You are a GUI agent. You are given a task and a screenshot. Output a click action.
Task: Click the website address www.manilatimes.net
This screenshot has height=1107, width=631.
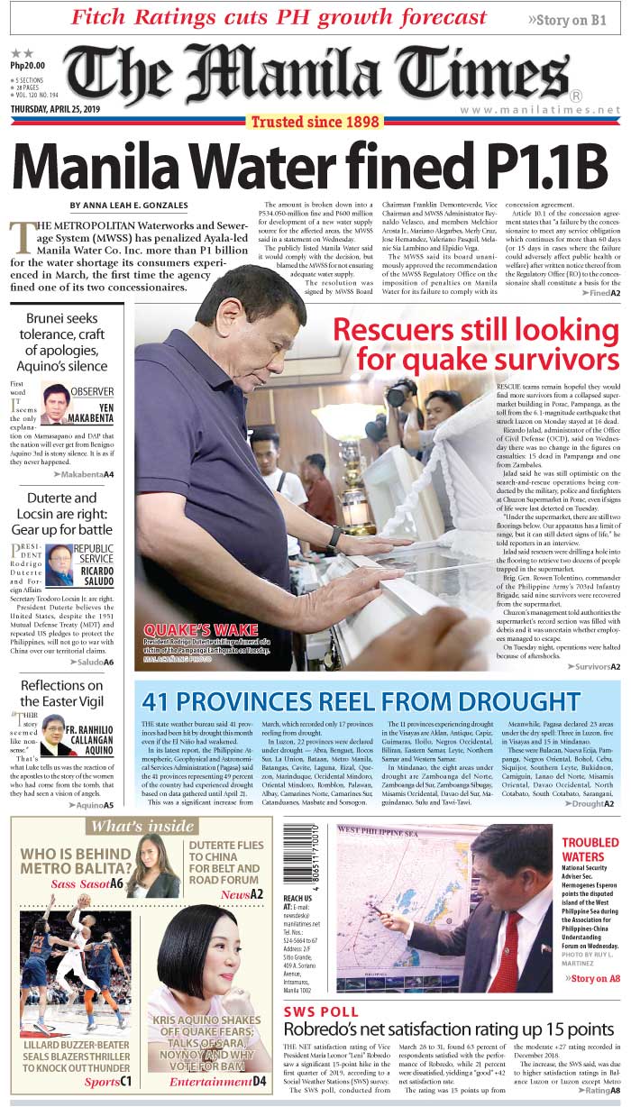coord(540,110)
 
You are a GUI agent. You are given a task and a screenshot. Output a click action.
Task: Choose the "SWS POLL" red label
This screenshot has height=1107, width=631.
coord(321,1011)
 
